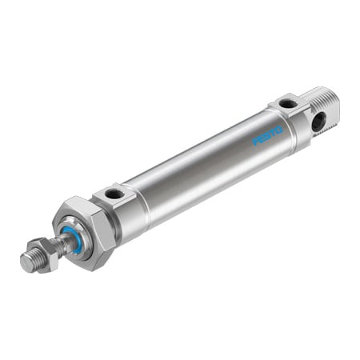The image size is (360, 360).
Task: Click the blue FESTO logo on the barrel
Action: [x=267, y=134]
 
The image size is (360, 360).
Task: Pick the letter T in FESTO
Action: [x=272, y=131]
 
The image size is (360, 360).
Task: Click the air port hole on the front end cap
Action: [x=115, y=193]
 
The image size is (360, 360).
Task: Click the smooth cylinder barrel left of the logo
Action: [x=200, y=172]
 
